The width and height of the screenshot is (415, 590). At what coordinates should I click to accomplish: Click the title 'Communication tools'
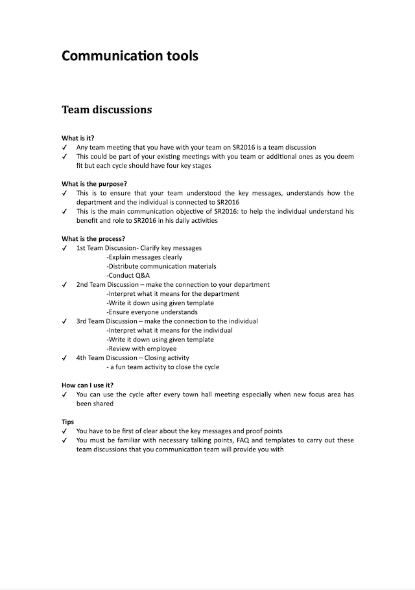click(130, 56)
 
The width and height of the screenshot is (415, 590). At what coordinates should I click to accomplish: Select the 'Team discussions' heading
click(107, 109)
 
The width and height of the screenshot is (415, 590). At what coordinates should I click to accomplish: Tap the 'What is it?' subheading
click(78, 138)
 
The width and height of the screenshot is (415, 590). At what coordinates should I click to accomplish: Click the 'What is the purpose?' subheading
click(94, 184)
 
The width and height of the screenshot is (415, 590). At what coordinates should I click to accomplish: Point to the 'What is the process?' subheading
click(93, 238)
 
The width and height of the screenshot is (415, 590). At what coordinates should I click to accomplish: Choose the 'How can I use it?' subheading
click(88, 385)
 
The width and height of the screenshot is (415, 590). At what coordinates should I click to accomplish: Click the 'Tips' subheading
click(68, 422)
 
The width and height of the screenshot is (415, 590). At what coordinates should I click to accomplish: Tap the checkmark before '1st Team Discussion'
click(64, 248)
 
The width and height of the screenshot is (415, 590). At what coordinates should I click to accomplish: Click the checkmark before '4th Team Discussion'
click(64, 357)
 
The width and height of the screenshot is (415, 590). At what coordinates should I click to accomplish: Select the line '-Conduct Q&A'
click(128, 275)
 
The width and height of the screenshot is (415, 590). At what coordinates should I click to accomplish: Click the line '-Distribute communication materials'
click(161, 266)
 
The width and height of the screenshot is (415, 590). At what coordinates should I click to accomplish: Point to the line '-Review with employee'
click(141, 348)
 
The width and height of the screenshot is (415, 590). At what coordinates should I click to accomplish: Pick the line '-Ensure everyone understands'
click(152, 312)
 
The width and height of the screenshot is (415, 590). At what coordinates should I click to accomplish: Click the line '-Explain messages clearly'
click(145, 257)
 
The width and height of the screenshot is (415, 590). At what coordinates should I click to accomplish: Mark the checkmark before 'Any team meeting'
click(64, 148)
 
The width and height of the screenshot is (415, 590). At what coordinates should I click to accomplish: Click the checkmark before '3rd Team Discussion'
click(64, 321)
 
